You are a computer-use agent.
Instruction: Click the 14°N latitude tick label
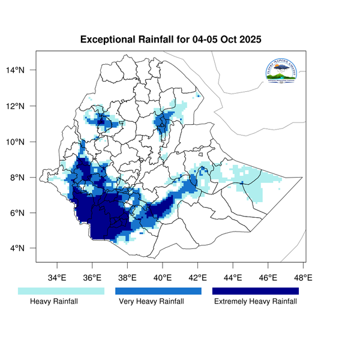click(25, 70)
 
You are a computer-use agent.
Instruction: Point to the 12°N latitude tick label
click(25, 106)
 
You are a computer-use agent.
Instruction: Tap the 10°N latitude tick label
click(25, 142)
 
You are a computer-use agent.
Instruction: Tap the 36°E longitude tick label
click(92, 278)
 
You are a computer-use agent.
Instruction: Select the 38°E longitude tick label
click(127, 278)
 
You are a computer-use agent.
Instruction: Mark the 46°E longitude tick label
click(268, 278)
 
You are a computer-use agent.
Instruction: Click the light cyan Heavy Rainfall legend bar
click(61, 291)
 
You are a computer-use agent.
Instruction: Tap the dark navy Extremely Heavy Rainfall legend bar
click(256, 291)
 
